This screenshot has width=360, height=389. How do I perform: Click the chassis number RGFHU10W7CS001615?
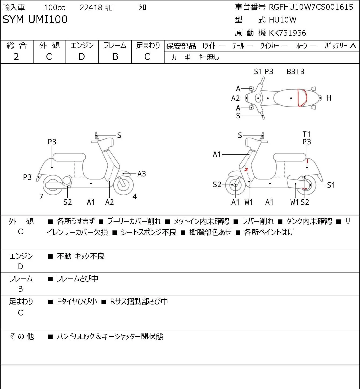(x=311, y=7)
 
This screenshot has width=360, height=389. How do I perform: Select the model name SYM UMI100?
(x=35, y=19)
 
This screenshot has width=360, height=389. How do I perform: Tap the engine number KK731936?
(x=288, y=33)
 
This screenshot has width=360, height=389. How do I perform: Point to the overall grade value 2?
(x=16, y=57)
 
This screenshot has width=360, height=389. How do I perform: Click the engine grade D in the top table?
(x=82, y=57)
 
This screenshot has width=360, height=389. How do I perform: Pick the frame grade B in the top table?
(x=115, y=57)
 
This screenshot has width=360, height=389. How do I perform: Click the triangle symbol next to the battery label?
(x=353, y=46)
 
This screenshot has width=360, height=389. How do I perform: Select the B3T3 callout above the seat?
(x=295, y=71)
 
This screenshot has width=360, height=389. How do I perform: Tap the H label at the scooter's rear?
(x=329, y=98)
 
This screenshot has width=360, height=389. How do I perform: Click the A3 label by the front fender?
(x=141, y=174)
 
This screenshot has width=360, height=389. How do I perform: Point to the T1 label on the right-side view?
(x=307, y=134)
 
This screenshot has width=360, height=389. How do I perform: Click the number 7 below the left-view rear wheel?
(x=41, y=196)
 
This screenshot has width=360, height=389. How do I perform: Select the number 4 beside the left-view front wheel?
(x=134, y=196)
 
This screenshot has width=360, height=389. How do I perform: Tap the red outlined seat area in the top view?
(x=302, y=98)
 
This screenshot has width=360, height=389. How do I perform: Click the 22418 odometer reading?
(x=91, y=8)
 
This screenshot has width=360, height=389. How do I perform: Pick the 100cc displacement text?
(x=54, y=8)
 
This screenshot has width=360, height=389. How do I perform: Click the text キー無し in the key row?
(x=209, y=57)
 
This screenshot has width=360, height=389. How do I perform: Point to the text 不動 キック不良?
(x=81, y=256)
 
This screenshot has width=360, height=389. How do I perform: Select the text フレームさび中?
(x=78, y=279)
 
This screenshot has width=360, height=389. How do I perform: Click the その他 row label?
(x=22, y=336)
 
